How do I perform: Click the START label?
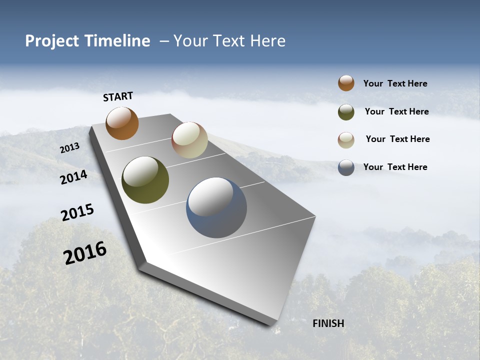(x=118, y=96)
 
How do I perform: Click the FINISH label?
(x=328, y=323)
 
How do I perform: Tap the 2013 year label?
(x=69, y=148)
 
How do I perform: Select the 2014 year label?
(x=73, y=177)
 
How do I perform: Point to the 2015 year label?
(x=77, y=212)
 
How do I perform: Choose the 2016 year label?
(x=85, y=253)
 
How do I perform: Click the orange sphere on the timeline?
(x=122, y=123)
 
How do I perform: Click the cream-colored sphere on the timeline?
(x=189, y=140)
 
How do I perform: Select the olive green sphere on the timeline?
(x=145, y=180)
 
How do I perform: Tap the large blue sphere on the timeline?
(x=216, y=207)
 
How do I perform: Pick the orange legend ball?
(x=346, y=83)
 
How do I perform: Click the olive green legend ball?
(x=346, y=112)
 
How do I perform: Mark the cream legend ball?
(x=346, y=140)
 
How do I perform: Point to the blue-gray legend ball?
(x=346, y=167)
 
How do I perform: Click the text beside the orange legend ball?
(x=395, y=83)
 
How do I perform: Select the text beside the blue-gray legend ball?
(x=395, y=167)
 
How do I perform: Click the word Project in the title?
(x=52, y=41)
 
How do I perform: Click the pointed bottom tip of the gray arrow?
(x=272, y=325)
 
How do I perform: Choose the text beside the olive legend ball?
(x=396, y=111)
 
